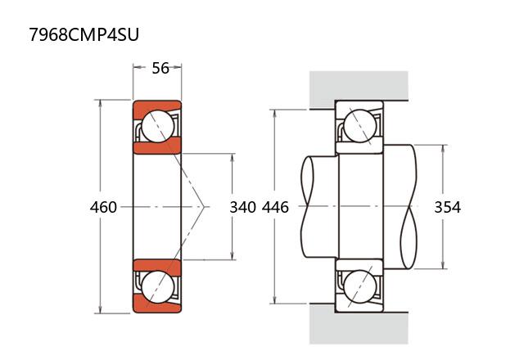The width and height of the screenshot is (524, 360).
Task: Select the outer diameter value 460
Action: [x=103, y=207]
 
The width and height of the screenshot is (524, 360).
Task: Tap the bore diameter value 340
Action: [x=243, y=207]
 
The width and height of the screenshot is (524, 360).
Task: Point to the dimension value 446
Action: [x=275, y=207]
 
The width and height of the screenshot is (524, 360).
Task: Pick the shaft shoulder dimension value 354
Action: [x=447, y=207]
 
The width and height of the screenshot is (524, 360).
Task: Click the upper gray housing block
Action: [x=358, y=86]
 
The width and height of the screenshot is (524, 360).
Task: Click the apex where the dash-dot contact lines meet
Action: [x=204, y=207]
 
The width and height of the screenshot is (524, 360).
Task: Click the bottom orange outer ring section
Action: [x=157, y=308]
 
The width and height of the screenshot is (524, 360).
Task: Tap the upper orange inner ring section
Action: [x=157, y=147]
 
